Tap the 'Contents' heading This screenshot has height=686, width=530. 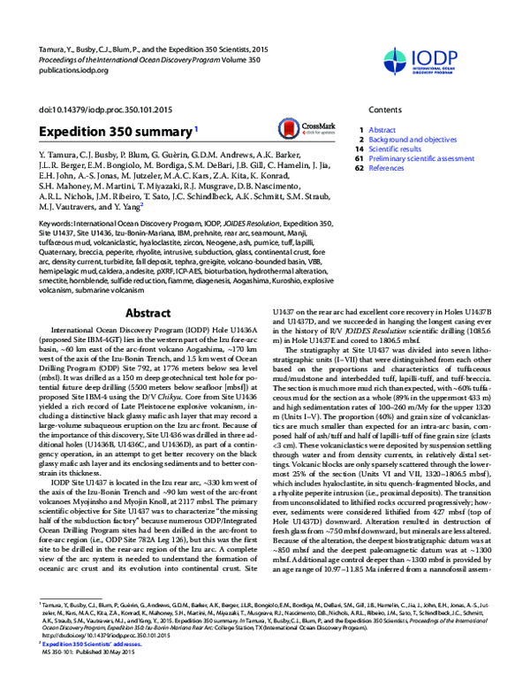[385, 109]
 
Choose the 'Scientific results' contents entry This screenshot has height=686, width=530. [393, 149]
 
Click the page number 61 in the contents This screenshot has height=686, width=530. [360, 159]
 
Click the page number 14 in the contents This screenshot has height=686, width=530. [360, 149]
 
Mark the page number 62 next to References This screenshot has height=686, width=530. [360, 169]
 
